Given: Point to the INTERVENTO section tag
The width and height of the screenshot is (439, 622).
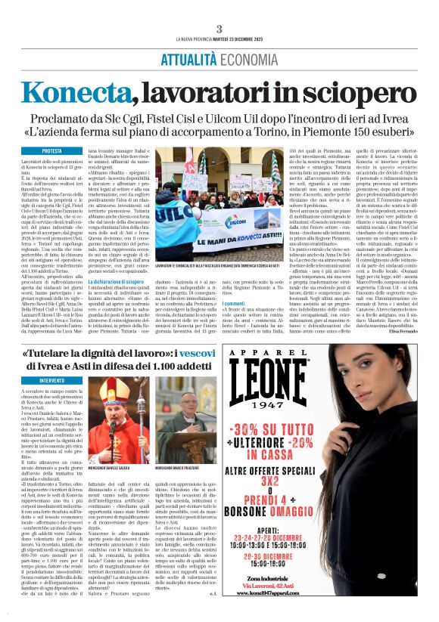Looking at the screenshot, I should pyautogui.click(x=52, y=380).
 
